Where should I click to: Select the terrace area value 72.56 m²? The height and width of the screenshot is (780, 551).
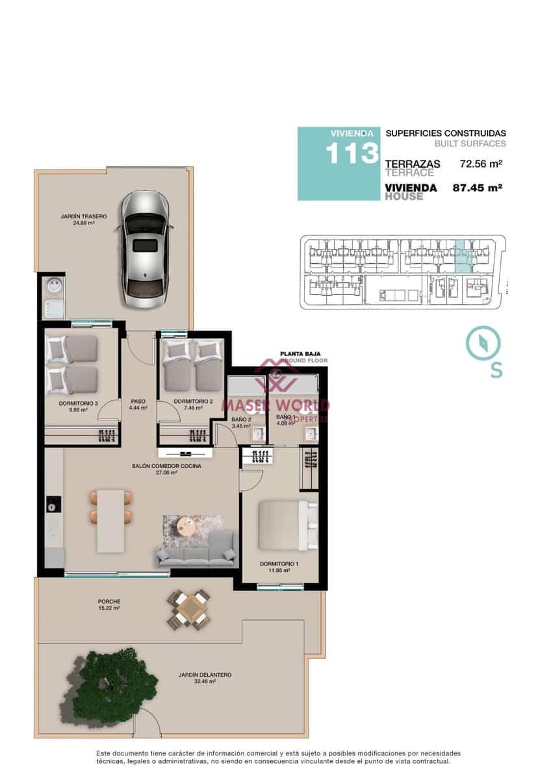point(481,164)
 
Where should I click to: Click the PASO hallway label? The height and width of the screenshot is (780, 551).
point(138,401)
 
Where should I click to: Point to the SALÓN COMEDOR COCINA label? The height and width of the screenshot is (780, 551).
point(166,466)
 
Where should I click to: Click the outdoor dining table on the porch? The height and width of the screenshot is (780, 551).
point(190,608)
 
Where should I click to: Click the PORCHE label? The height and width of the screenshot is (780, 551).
point(109,601)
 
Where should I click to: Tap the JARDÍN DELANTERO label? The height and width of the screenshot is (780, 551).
point(205,675)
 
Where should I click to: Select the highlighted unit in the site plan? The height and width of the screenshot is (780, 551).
point(463,256)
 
